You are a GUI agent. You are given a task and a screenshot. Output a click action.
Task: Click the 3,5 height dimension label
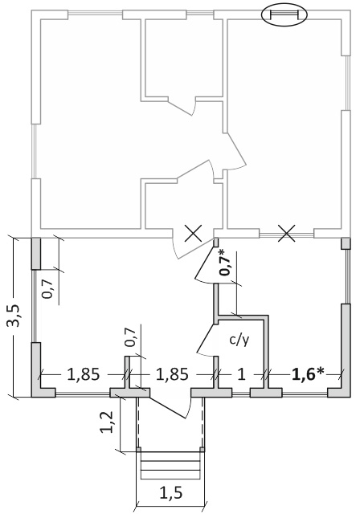14,316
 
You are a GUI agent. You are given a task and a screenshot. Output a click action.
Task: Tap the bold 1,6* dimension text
308,374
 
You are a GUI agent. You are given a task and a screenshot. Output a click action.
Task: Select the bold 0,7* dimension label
225,263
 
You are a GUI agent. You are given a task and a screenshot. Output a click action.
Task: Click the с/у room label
239,341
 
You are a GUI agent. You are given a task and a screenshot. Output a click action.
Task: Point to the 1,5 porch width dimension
170,492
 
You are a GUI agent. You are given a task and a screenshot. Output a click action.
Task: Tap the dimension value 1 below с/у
241,374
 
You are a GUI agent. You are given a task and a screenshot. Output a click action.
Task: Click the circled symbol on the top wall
284,14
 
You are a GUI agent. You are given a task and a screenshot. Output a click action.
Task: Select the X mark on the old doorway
194,234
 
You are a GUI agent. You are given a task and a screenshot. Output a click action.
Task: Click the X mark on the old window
287,234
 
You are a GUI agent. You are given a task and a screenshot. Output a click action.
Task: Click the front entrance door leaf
167,407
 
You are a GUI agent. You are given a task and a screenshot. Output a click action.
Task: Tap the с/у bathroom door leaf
206,337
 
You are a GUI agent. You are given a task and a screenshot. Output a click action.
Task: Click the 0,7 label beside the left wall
48,288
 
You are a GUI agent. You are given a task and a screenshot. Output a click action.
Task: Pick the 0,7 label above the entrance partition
131,337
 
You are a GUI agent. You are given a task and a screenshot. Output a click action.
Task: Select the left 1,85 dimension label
83,374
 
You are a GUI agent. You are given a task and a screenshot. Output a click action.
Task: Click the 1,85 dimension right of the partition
172,374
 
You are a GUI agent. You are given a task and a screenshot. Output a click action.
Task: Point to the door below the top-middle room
182,106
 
